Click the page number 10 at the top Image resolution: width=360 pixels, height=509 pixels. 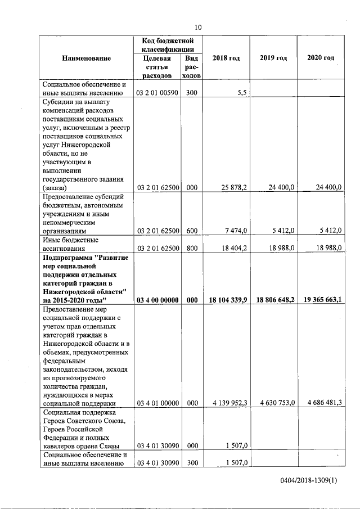198,27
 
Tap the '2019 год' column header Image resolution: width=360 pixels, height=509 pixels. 273,58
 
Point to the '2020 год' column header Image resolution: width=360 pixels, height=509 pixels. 321,58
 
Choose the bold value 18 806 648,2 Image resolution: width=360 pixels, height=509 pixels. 273,300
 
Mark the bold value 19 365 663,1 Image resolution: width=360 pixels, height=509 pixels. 320,300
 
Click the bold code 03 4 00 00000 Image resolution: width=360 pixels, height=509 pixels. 157,300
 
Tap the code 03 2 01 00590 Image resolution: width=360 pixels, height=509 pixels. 157,93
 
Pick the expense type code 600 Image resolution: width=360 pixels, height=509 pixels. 191,231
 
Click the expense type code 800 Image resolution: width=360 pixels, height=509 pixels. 191,247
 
